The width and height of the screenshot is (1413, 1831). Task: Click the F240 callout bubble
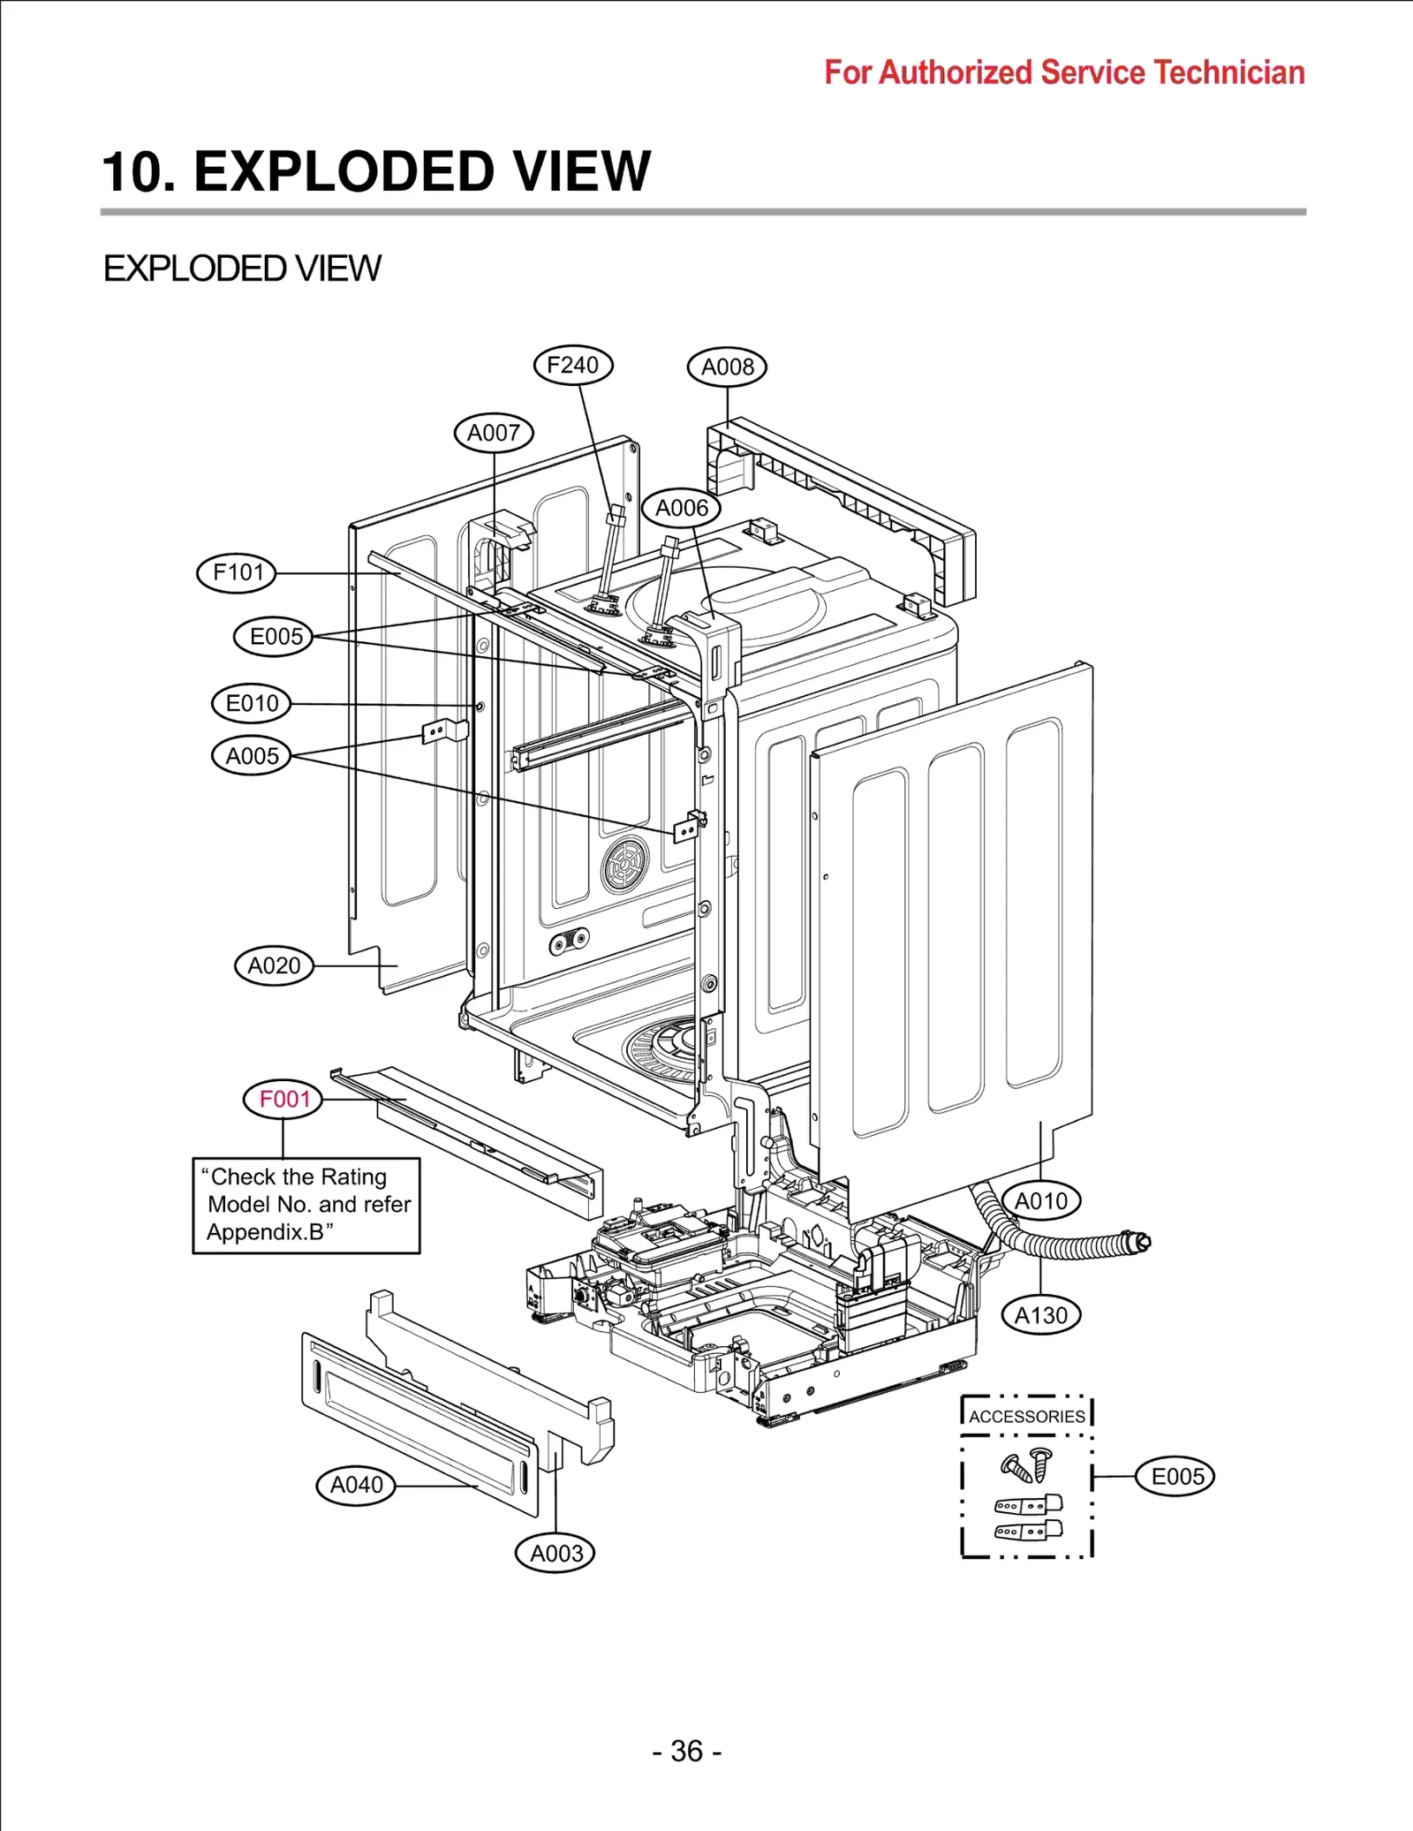pos(572,365)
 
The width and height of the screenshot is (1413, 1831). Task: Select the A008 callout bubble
pos(727,367)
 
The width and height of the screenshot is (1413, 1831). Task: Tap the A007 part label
pos(494,433)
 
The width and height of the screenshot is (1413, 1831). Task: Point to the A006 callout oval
pos(681,508)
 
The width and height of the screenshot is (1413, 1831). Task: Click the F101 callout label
pos(237,572)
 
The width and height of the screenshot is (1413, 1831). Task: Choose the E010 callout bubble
pos(252,703)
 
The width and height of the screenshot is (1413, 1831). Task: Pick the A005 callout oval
pos(252,756)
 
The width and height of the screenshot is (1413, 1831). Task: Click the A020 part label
pos(274,965)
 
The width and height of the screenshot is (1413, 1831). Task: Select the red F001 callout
pos(283,1099)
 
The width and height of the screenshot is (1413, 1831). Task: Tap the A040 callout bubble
pos(356,1485)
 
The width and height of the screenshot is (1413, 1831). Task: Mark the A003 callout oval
pos(555,1553)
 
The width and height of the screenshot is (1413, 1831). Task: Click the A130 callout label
pos(1040,1315)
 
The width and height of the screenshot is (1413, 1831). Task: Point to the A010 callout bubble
pos(1040,1201)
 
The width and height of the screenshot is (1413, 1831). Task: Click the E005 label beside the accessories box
pos(1175,1476)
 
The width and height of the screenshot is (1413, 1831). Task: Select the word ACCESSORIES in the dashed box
pos(1026,1416)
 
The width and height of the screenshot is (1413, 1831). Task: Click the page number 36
pos(687,1751)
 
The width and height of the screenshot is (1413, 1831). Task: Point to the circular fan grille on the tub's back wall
pos(625,865)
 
